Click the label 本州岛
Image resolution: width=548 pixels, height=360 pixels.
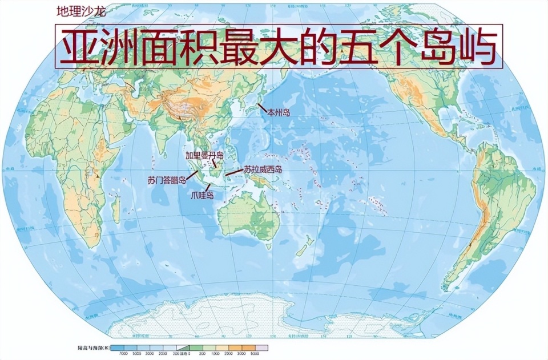coord(279,113)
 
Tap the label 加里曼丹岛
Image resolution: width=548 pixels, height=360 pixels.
coord(204,155)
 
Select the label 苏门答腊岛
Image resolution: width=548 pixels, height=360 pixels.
coord(167,181)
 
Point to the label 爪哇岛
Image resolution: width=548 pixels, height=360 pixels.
coord(203,195)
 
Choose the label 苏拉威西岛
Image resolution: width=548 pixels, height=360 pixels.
coord(263,169)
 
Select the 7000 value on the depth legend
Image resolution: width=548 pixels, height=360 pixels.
coord(123,354)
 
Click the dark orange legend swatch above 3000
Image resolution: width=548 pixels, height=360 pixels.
coord(249,347)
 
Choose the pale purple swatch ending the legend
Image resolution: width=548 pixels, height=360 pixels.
coord(262,347)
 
